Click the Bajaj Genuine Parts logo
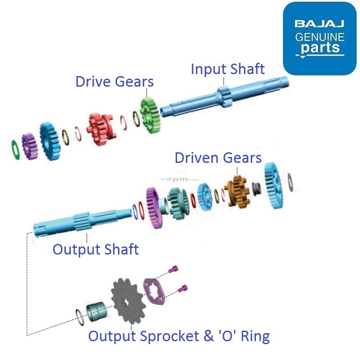tap(319, 39)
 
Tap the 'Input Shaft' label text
tap(228, 69)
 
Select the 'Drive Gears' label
tap(114, 81)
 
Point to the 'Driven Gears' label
tap(218, 158)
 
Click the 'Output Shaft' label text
tap(95, 249)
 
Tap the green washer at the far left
tap(14, 150)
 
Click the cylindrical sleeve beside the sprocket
tap(97, 312)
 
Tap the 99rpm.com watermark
tap(180, 179)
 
